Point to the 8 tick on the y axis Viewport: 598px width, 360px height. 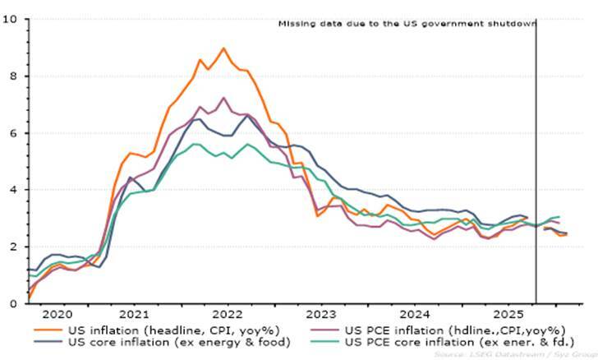(12, 76)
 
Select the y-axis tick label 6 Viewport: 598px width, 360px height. (12, 132)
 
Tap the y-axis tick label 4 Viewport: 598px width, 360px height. (12, 189)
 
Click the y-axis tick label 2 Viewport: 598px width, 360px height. (12, 247)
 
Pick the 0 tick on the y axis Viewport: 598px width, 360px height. (12, 303)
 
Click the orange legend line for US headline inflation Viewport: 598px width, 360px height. (50, 330)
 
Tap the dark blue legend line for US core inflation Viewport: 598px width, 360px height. (50, 342)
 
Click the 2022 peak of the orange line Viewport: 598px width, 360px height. (223, 48)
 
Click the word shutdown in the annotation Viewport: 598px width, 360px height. (508, 24)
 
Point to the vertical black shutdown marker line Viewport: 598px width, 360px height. (536, 164)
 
